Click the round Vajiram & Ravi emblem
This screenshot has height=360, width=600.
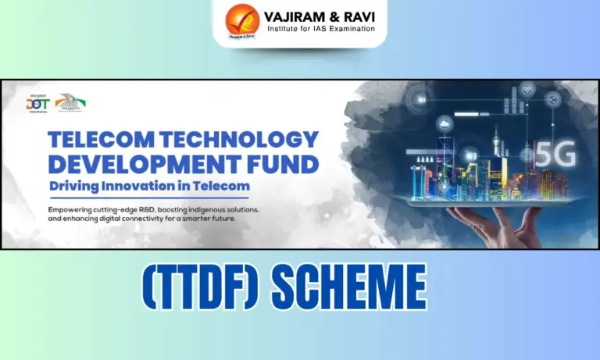click(242, 21)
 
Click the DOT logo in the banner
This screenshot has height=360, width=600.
click(37, 103)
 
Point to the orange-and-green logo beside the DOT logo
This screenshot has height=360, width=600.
click(70, 102)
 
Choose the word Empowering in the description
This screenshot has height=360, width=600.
click(78, 209)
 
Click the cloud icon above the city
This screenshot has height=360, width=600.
click(445, 124)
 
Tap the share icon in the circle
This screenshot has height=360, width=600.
click(553, 99)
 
